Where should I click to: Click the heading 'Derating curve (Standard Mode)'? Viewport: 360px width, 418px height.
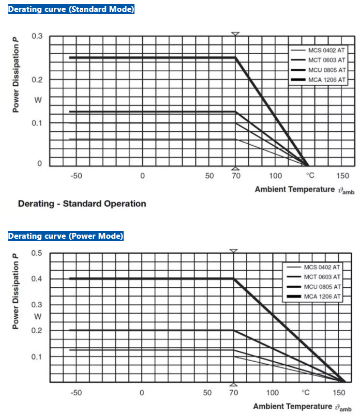tap(71, 9)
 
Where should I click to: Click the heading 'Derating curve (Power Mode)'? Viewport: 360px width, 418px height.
tap(66, 236)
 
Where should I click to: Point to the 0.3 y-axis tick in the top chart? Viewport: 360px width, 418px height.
tap(37, 36)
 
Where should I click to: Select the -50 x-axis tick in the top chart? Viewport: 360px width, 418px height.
tap(76, 176)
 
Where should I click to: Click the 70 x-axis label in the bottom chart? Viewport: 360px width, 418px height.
tap(233, 393)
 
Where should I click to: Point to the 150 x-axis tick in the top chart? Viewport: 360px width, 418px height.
tap(342, 176)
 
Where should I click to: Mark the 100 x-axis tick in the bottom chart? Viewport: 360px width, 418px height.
tap(273, 393)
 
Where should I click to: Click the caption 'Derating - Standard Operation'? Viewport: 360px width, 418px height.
tap(82, 204)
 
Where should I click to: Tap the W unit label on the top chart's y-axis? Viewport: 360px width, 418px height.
tap(38, 100)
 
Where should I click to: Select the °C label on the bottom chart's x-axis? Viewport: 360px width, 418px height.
tap(306, 393)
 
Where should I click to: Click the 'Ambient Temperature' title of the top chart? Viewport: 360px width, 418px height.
tap(294, 189)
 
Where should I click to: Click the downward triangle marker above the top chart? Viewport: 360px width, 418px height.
tap(235, 34)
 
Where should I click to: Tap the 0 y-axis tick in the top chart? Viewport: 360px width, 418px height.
tap(39, 164)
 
